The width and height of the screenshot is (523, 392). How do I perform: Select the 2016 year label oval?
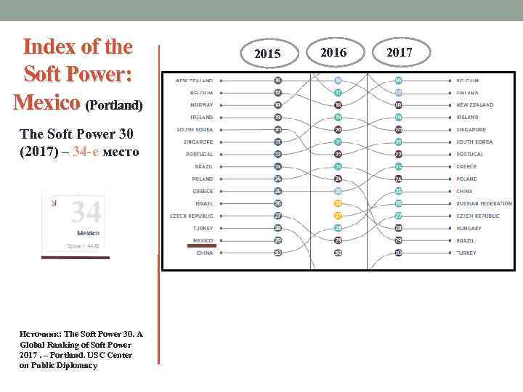click(x=333, y=52)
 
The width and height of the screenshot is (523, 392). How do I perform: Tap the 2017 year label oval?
click(x=399, y=52)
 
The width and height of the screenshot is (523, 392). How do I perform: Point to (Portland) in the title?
click(x=115, y=106)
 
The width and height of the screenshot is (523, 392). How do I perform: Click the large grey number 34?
click(x=85, y=213)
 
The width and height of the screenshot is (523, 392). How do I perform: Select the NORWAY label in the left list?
click(x=201, y=105)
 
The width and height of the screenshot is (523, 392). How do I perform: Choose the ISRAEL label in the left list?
click(x=203, y=203)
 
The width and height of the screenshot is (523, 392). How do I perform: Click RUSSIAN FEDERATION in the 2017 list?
click(x=484, y=203)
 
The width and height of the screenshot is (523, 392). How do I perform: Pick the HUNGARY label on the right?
click(x=469, y=228)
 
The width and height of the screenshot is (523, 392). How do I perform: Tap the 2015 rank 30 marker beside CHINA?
click(x=277, y=253)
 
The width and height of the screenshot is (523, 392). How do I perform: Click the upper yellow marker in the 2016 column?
click(x=338, y=203)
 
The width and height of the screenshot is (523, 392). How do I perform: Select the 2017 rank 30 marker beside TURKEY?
click(x=398, y=253)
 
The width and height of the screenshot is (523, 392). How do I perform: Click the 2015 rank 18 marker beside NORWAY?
click(x=277, y=105)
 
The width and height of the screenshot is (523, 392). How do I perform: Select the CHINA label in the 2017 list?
click(x=464, y=191)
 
